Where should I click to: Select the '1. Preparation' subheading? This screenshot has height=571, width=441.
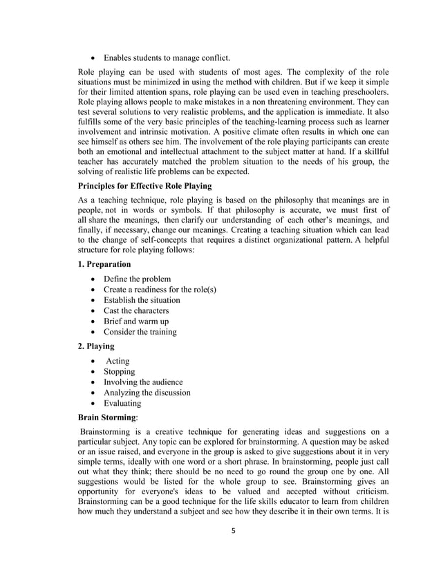[106, 263]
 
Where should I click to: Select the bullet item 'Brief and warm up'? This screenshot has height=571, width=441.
[142, 321]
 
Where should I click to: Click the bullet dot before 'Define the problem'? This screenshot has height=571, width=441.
[94, 279]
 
